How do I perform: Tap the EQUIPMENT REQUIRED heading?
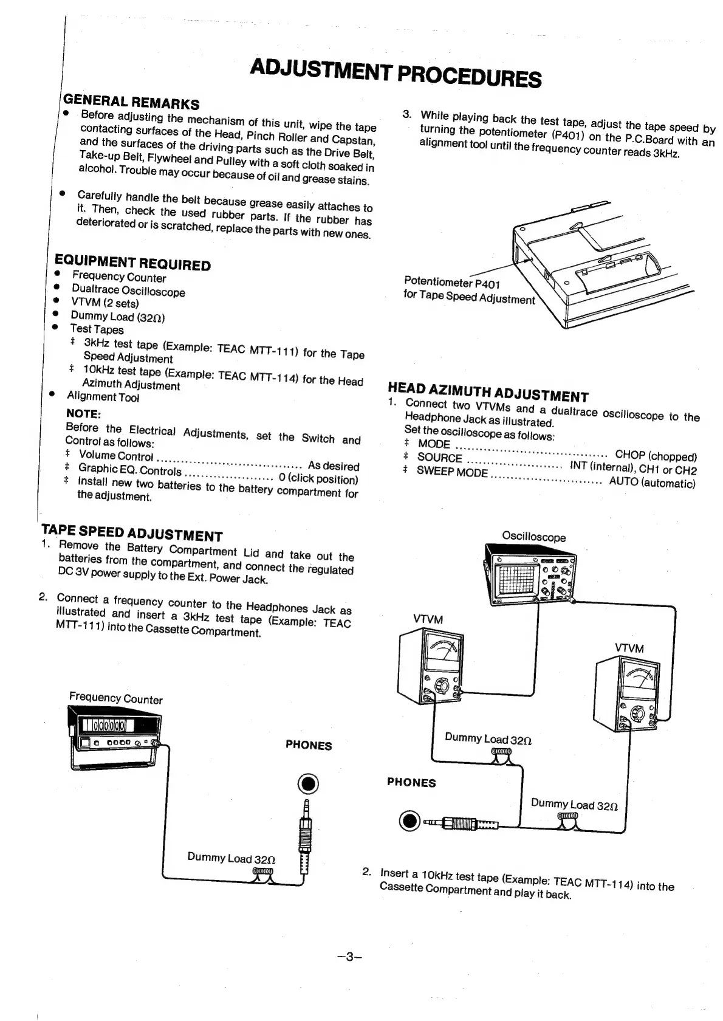pyautogui.click(x=132, y=263)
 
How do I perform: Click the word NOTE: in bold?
pyautogui.click(x=83, y=414)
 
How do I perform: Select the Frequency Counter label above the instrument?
pyautogui.click(x=115, y=698)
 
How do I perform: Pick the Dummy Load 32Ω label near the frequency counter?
pyautogui.click(x=231, y=858)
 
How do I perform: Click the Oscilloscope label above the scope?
pyautogui.click(x=533, y=537)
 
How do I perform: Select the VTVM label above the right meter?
pyautogui.click(x=629, y=648)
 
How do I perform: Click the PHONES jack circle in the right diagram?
pyautogui.click(x=410, y=822)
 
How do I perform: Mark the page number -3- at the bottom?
pyautogui.click(x=349, y=957)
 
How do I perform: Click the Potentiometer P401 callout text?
pyautogui.click(x=452, y=283)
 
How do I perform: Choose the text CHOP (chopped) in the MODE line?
pyautogui.click(x=656, y=455)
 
